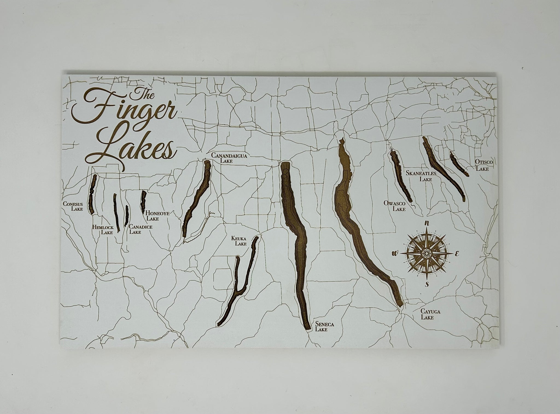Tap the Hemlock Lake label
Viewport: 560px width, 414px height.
pos(103,230)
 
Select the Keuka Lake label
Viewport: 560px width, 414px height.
pos(239,241)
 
